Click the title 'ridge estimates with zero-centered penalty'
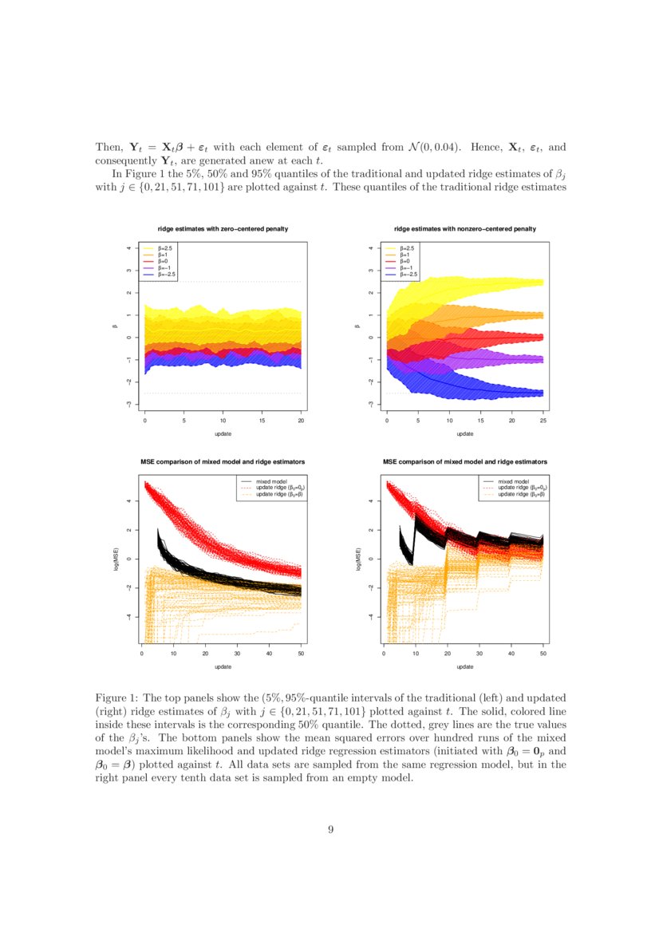223,229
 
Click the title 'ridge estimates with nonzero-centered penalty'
465,229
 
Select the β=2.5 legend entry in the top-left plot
163,248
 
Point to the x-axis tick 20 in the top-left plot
301,421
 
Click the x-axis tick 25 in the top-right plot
543,421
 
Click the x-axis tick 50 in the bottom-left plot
301,653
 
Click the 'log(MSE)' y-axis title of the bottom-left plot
118,558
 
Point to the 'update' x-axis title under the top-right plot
465,433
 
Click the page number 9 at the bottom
329,829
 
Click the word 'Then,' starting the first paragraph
109,148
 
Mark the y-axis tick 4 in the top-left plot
129,247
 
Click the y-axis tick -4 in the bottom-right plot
371,616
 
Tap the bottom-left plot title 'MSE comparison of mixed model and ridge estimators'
223,461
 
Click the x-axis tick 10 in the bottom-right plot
415,653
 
